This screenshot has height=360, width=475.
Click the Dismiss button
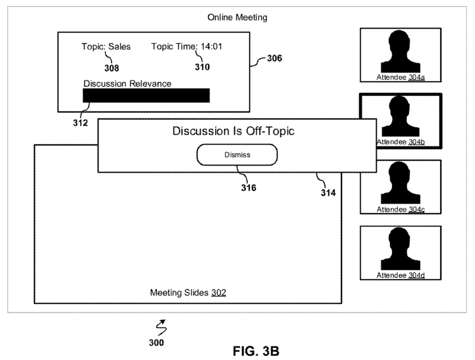[x=237, y=155]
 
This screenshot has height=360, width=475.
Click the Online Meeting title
[x=237, y=17]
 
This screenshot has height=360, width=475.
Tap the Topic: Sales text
[x=106, y=46]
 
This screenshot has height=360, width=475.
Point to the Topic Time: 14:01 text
[x=187, y=46]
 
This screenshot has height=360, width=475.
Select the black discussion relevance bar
[x=146, y=95]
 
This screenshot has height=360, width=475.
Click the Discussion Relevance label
[x=127, y=83]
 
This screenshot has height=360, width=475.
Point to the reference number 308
[x=111, y=68]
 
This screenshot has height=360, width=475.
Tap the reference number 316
[x=248, y=187]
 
